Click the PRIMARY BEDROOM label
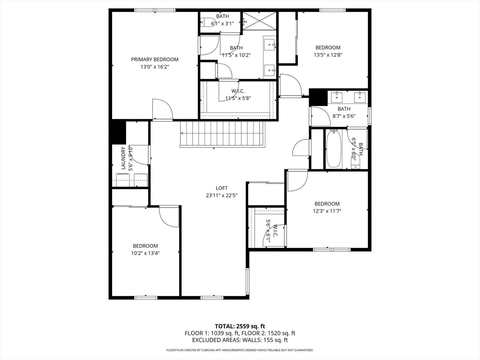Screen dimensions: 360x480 point(154,59)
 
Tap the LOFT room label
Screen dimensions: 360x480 point(221,188)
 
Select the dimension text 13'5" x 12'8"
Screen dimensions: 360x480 point(328,55)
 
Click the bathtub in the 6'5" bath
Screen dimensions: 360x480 point(333,149)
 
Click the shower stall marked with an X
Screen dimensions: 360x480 point(259,21)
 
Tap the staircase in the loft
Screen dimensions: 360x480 point(222,134)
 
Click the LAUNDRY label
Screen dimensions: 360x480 point(123,159)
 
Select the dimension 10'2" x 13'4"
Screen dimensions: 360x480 point(145,253)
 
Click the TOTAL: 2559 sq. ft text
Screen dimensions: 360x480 point(240,326)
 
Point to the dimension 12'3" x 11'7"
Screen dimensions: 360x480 point(327,211)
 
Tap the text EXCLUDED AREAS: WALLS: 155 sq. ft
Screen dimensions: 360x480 point(240,340)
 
